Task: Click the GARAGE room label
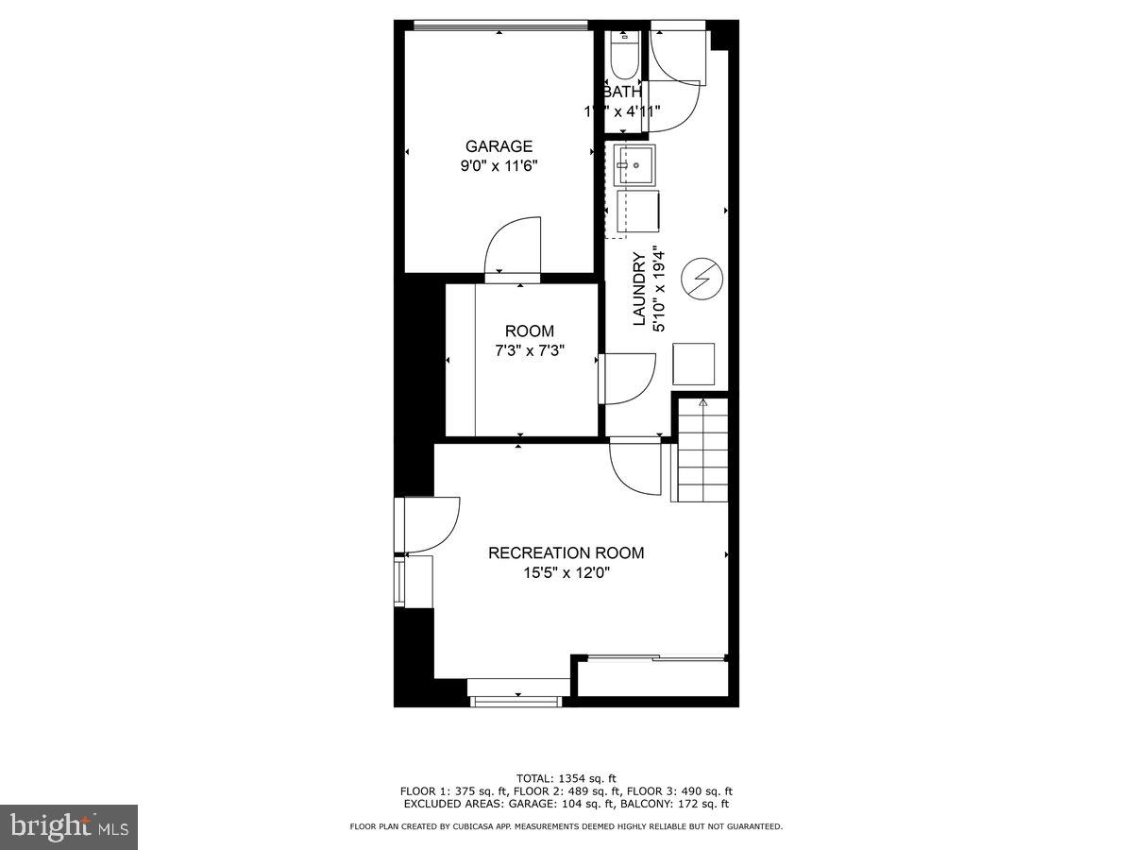499,146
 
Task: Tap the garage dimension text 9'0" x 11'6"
499,165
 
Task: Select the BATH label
622,92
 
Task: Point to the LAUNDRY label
639,289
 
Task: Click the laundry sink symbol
634,164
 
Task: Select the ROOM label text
530,331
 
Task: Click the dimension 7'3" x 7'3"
530,350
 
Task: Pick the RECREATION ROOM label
566,553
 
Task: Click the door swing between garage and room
512,248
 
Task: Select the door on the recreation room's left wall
430,524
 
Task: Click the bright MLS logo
69,827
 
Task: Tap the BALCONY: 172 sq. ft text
685,804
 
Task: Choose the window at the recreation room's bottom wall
516,700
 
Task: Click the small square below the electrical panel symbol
693,364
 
